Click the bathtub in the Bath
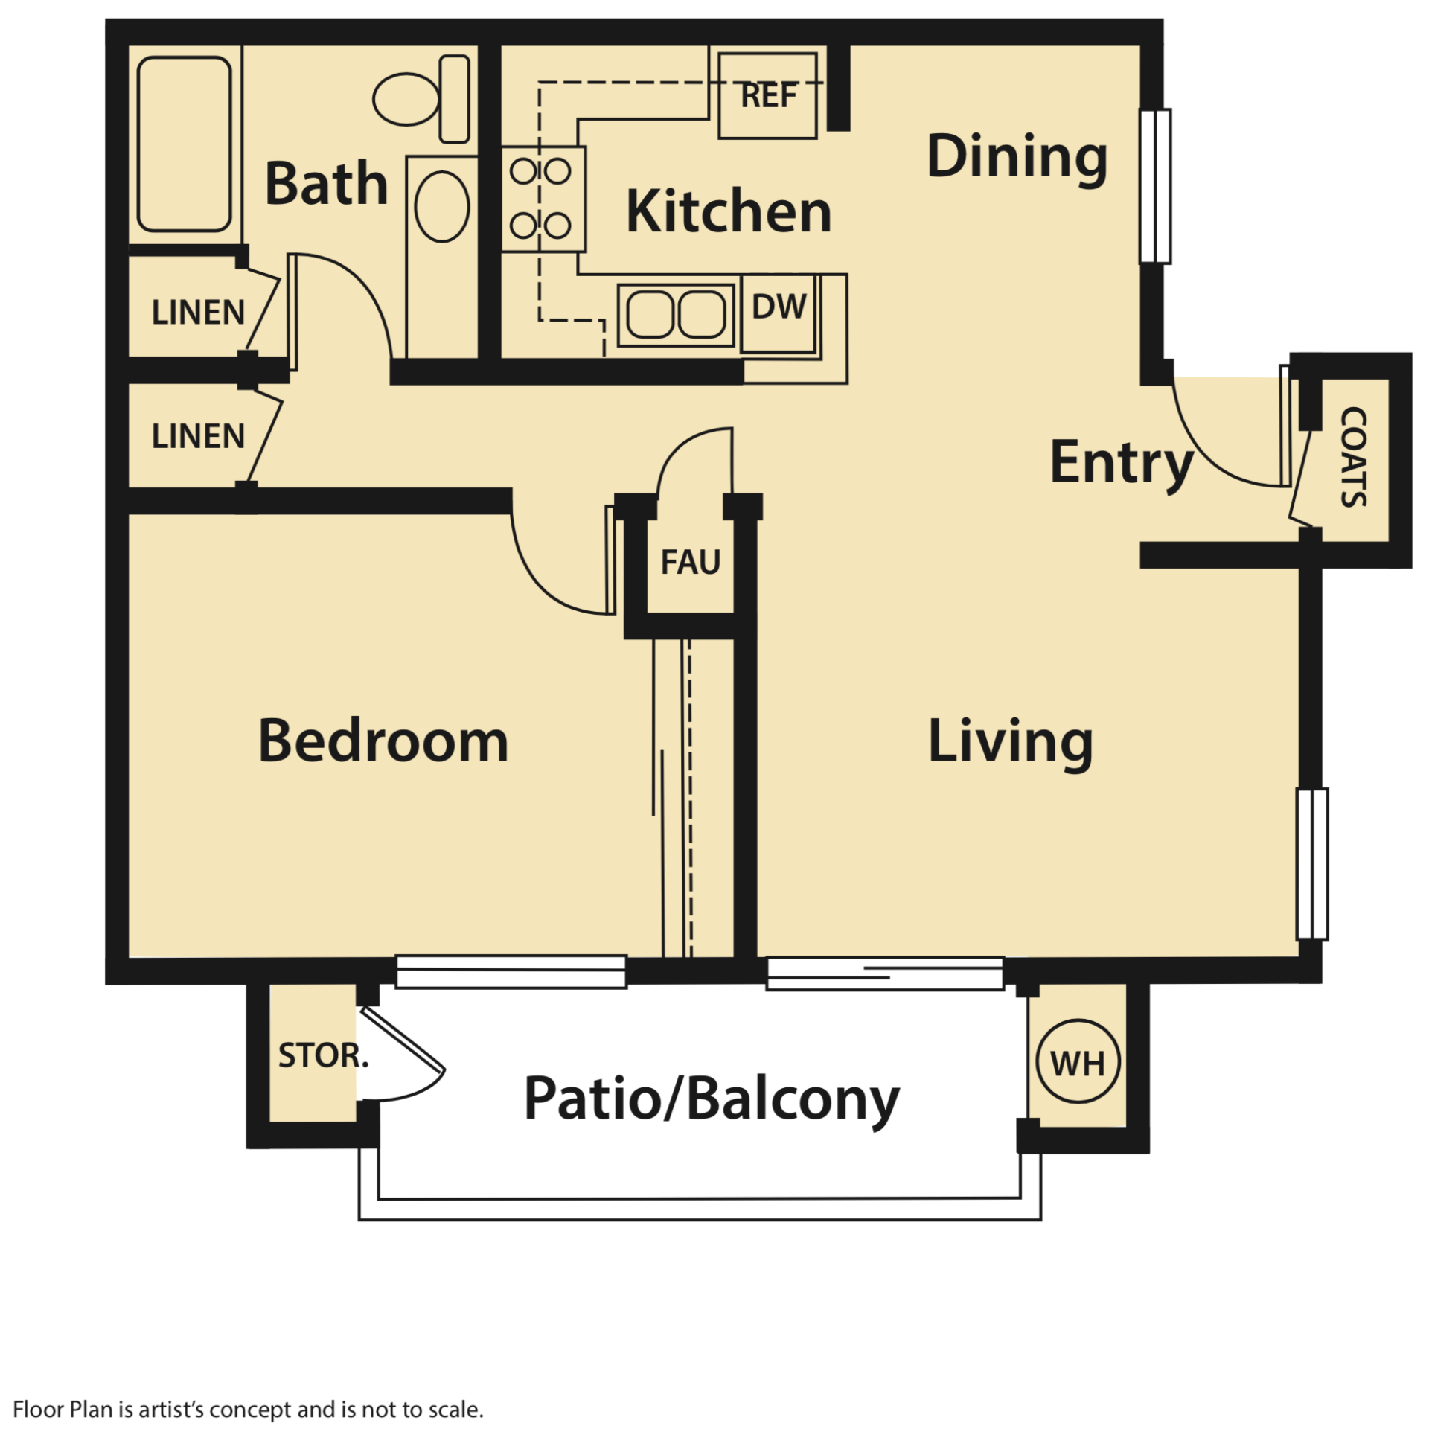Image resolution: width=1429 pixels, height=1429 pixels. coord(184,144)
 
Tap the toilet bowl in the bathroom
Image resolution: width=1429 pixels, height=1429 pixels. coord(406,99)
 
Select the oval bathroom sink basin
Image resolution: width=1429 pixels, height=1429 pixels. coord(441,206)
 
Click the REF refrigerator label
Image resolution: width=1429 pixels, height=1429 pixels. coord(768,95)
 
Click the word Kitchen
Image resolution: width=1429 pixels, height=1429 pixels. coord(728,212)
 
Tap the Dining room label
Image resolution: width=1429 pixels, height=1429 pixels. coord(1017,156)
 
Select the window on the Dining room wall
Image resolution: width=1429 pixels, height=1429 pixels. coord(1155,186)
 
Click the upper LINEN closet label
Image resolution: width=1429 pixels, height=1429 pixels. coord(198,313)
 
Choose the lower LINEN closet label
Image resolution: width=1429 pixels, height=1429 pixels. coord(198,436)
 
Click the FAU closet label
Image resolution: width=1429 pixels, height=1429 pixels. coord(690,562)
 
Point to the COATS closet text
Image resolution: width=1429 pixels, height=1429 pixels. coord(1352,457)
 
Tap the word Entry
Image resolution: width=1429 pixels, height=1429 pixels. coord(1121,463)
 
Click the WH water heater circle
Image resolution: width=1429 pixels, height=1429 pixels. coord(1077,1063)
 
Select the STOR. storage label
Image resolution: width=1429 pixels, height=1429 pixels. coord(322,1055)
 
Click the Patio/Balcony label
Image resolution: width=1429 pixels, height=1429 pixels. coord(711,1099)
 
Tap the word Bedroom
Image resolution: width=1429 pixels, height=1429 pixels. coord(383,741)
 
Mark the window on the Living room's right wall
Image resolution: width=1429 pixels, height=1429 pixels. coord(1311,863)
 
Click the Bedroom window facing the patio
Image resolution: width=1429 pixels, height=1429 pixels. coord(511,971)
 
